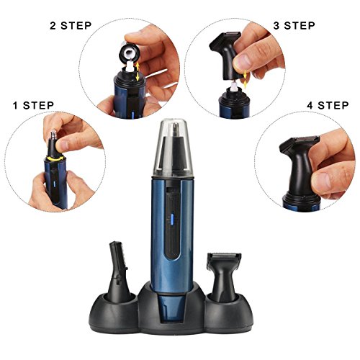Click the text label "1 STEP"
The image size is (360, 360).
33,105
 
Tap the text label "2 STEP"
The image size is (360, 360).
71,26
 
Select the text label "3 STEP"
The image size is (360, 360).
294,26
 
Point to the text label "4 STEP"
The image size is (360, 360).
328,105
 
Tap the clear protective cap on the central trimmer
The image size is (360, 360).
173,147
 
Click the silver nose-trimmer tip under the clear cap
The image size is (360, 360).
176,130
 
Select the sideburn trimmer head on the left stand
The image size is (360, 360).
118,271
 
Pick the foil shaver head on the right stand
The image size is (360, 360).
224,276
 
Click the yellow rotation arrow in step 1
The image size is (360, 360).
55,158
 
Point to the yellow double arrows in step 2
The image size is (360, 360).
138,71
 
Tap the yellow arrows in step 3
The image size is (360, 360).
245,78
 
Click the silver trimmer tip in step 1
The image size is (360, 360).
53,135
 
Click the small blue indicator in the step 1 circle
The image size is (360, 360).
54,184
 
